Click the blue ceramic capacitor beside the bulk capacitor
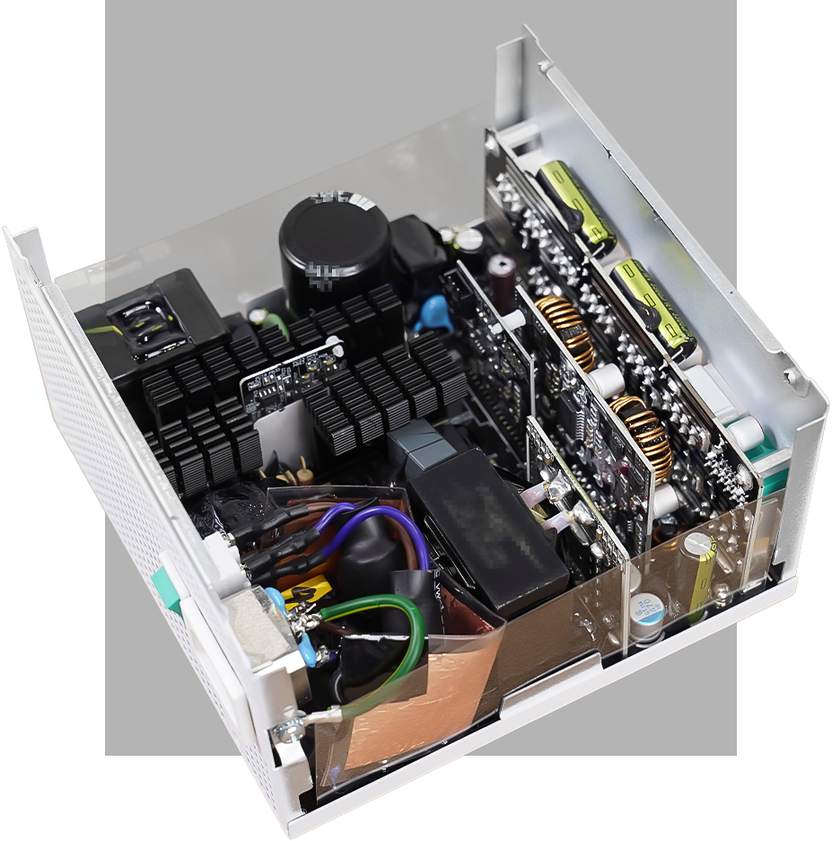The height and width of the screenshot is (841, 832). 434,309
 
